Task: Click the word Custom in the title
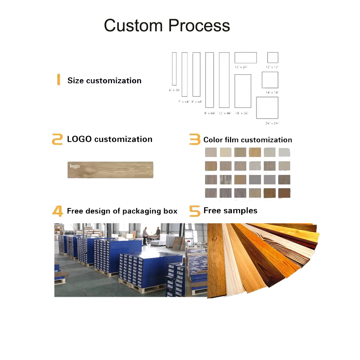[x=133, y=26]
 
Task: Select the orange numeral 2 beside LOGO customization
[x=57, y=139]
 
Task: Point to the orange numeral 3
[x=195, y=140]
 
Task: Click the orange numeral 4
[x=58, y=211]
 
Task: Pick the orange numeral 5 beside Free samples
[x=195, y=211]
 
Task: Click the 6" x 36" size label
[x=174, y=90]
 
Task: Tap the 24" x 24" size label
[x=272, y=123]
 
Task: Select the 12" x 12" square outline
[x=273, y=58]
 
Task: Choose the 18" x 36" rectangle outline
[x=243, y=91]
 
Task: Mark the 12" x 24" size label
[x=241, y=67]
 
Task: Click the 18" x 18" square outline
[x=270, y=80]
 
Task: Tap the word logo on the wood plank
[x=75, y=166]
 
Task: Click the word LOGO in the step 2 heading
[x=79, y=139]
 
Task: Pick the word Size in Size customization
[x=76, y=81]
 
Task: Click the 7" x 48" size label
[x=184, y=102]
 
